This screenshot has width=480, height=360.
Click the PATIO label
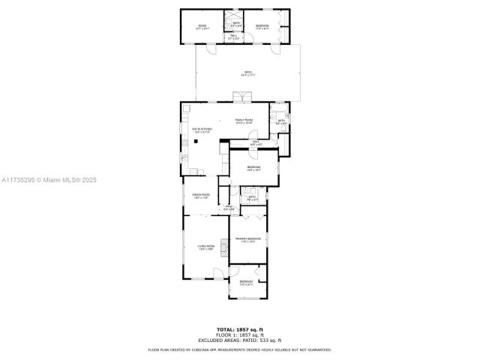point(247,73)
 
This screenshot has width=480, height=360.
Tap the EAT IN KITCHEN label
point(202,130)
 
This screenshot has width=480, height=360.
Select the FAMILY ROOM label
point(244,121)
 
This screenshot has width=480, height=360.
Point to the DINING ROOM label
point(200,196)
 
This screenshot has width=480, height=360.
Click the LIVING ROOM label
point(206,247)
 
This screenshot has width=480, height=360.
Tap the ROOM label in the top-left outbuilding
point(202,27)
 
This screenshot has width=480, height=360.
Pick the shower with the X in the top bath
point(235,16)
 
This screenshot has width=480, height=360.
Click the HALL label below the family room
point(255,142)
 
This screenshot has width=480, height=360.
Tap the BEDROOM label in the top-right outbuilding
point(262,26)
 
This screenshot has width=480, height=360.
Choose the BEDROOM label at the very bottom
point(247,283)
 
